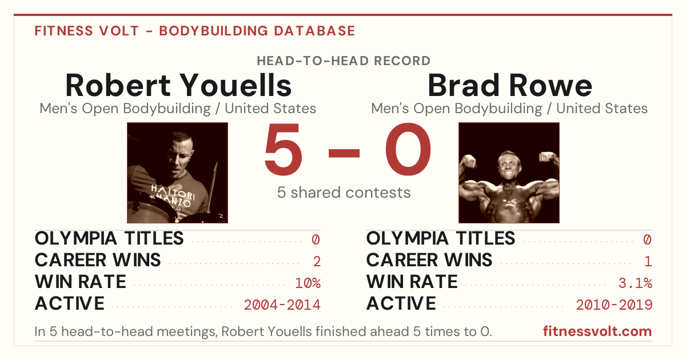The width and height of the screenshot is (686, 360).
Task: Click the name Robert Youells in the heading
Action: (x=178, y=85)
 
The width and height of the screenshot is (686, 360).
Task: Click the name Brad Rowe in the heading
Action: (x=509, y=85)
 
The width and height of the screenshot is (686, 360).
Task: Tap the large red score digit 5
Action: (x=284, y=149)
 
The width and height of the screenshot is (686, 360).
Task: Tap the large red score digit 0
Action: (x=408, y=149)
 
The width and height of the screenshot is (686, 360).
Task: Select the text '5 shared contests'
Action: (x=344, y=193)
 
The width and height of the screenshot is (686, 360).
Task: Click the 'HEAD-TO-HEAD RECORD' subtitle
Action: (x=344, y=61)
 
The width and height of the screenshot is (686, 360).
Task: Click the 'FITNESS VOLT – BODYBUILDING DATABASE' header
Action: (x=195, y=31)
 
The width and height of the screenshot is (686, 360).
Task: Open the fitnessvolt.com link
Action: (x=597, y=331)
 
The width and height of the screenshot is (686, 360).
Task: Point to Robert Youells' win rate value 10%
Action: (x=308, y=283)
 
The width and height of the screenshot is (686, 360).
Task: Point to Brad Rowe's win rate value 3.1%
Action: (x=635, y=283)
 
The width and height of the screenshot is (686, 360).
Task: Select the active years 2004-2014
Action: (x=282, y=305)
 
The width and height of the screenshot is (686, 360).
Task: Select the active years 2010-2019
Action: (x=614, y=305)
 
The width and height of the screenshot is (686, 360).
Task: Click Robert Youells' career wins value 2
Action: (x=317, y=262)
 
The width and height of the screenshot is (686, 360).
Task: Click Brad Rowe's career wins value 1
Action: (x=648, y=262)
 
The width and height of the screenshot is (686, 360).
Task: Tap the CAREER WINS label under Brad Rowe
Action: (x=429, y=260)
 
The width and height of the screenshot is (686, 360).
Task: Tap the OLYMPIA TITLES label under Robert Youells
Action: (x=109, y=238)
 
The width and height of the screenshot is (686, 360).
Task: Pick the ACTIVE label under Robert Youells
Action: (x=70, y=303)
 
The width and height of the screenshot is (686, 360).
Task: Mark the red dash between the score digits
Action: (x=344, y=153)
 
